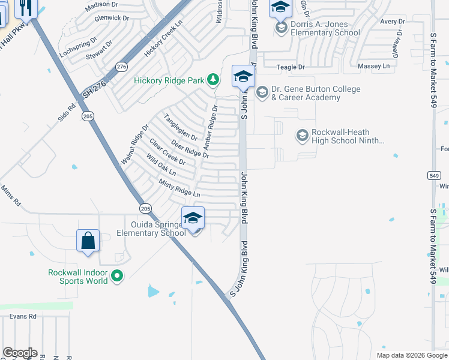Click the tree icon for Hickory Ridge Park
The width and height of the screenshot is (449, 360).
[212, 79]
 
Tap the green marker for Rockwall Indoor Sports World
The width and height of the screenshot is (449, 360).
[117, 277]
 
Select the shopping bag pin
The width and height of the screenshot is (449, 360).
[88, 241]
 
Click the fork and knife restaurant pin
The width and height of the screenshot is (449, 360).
[25, 7]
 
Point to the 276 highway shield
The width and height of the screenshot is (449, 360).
[122, 66]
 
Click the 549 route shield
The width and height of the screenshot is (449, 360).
[433, 176]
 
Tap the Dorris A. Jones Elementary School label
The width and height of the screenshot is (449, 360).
[325, 29]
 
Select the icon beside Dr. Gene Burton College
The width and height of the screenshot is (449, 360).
[261, 92]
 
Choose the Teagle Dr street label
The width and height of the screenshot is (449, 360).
[291, 68]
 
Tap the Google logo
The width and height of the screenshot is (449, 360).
[20, 353]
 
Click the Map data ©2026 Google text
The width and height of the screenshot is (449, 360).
[411, 355]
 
